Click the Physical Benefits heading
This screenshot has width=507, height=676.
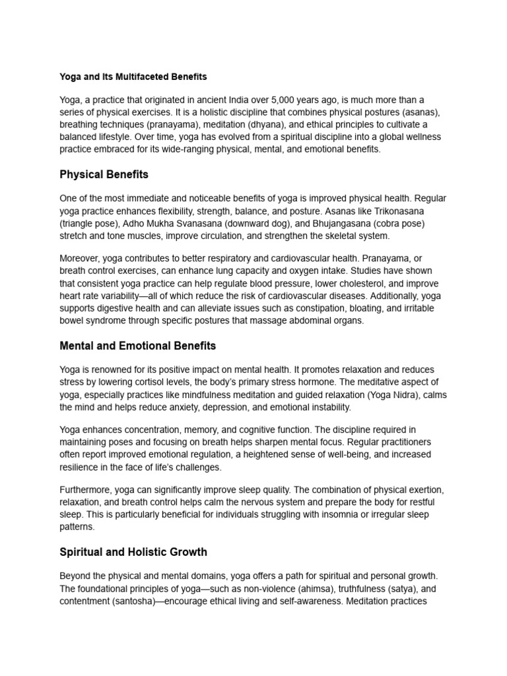pos(104,175)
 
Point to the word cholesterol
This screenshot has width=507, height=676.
pos(347,284)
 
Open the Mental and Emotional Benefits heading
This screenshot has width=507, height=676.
pos(137,345)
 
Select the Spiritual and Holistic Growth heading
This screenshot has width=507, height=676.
pos(133,552)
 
